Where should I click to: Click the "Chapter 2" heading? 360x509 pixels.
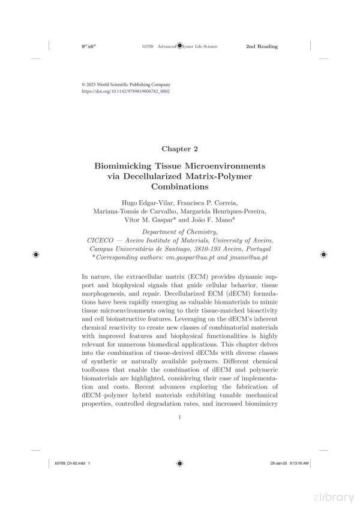(x=179, y=147)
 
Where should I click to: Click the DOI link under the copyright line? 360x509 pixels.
(x=126, y=92)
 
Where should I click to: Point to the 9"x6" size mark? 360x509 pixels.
(x=89, y=46)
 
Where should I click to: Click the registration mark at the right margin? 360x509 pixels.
(x=324, y=254)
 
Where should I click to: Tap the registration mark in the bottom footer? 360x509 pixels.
(x=179, y=463)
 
